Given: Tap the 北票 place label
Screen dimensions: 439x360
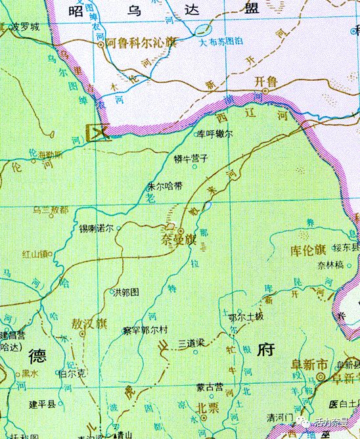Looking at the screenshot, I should (x=208, y=405).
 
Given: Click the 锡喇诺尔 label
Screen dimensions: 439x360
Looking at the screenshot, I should (x=96, y=229).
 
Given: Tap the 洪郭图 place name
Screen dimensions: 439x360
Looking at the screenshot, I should (x=128, y=292).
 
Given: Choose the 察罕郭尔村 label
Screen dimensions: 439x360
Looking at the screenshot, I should (x=146, y=329).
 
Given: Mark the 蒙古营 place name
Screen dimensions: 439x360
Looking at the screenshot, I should (x=210, y=387).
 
